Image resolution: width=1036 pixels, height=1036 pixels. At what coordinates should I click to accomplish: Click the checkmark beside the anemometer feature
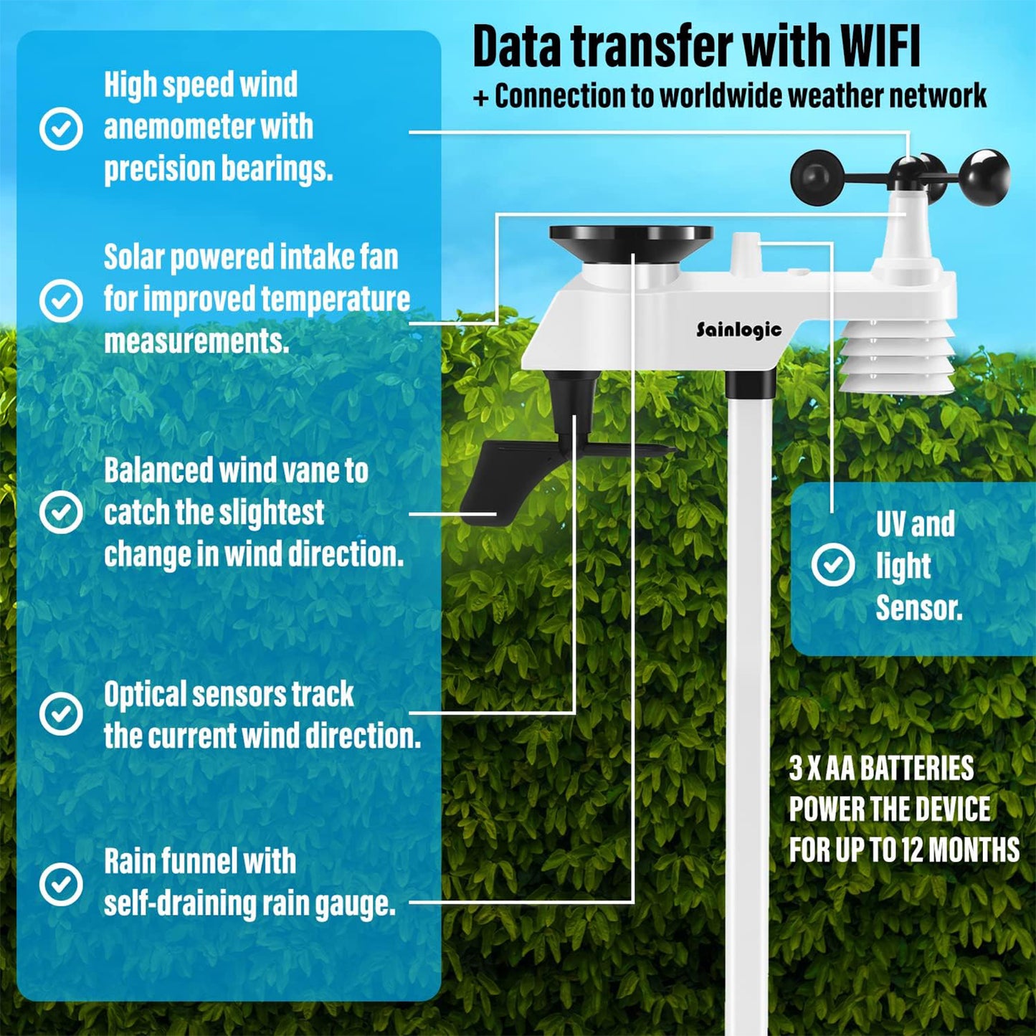point(61,129)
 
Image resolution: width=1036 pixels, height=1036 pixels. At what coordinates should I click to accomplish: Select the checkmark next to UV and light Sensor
point(833,564)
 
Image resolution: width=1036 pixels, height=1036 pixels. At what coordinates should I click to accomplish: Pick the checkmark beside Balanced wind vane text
point(61,511)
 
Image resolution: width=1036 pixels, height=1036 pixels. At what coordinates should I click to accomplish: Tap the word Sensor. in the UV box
point(919,608)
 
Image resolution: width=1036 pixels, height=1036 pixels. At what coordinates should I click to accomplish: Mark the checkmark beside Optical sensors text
point(61,713)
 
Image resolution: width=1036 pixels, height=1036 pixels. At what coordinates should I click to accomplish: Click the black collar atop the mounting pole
point(751,384)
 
